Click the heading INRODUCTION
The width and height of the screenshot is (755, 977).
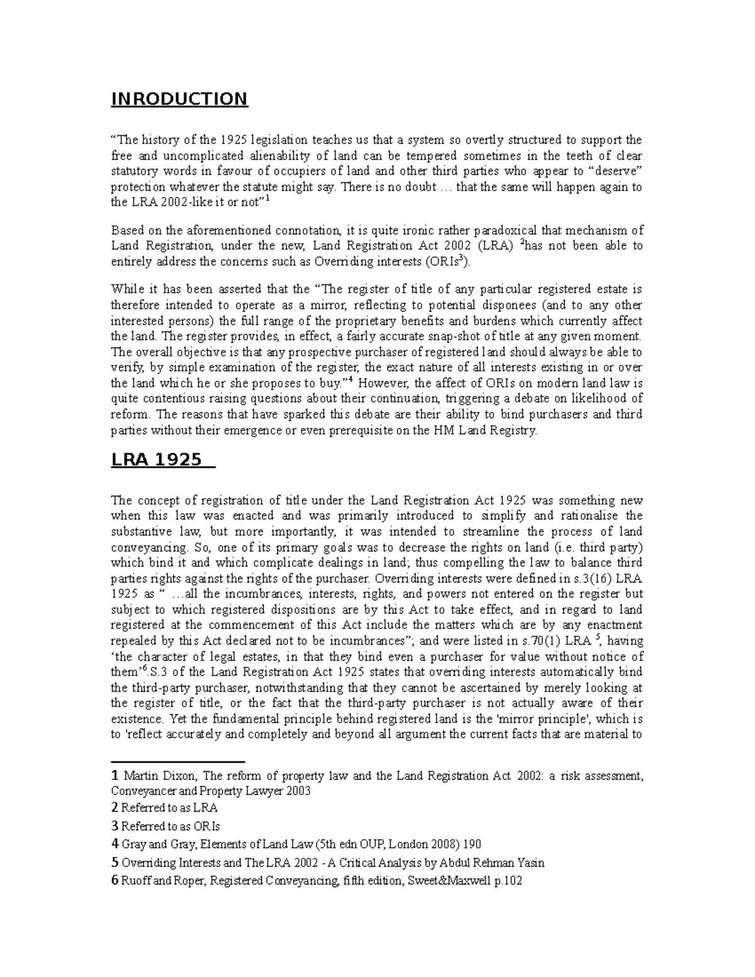pos(179,99)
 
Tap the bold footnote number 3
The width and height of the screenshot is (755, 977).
pos(114,826)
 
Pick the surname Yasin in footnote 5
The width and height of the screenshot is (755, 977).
pos(530,863)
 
